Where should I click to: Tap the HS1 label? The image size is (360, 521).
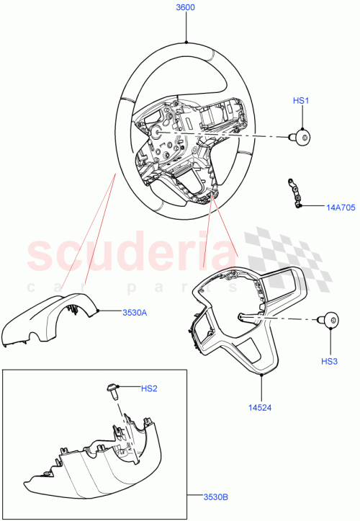pyautogui.click(x=300, y=102)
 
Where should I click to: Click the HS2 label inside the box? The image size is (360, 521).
pyautogui.click(x=149, y=389)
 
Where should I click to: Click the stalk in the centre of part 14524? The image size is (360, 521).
pyautogui.click(x=248, y=316)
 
